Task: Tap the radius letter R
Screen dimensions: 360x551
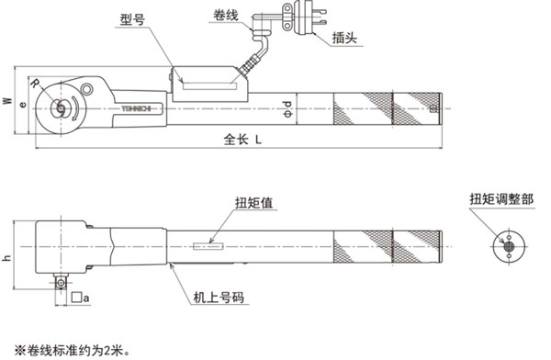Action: (x=34, y=83)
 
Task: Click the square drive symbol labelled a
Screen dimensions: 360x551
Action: (x=82, y=298)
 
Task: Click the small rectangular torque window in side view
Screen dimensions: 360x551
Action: (x=208, y=244)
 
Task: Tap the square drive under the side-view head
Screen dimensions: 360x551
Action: (x=61, y=282)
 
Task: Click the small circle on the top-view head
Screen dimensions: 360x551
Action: (x=86, y=89)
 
